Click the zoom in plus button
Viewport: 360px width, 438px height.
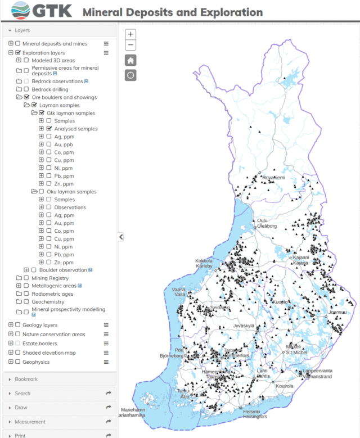coord(130,34)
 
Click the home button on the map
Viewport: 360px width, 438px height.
coord(130,60)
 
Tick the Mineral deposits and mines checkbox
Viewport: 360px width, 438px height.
coord(18,43)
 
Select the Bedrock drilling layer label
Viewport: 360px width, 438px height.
coord(49,89)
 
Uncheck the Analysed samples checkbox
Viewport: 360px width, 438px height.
coord(49,129)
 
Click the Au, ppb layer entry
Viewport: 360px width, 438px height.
coord(64,145)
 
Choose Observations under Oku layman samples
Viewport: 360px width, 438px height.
coord(70,207)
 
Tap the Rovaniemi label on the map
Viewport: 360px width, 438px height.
coord(272,178)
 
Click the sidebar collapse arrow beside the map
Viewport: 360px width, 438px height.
coord(121,237)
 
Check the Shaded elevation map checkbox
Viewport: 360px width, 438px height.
coord(18,353)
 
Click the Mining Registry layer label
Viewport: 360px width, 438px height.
coord(50,278)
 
